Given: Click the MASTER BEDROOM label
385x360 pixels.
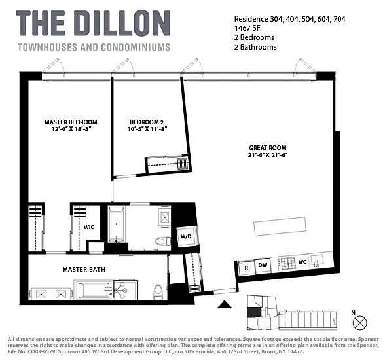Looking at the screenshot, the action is [71, 122].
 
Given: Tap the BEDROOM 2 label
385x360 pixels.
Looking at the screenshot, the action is [147, 122].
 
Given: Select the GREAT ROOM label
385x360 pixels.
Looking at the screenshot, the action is [268, 148].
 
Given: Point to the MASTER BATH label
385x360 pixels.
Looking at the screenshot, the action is [84, 270].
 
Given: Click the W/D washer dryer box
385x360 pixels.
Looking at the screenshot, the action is [187, 236].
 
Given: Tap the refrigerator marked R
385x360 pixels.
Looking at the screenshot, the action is [246, 268].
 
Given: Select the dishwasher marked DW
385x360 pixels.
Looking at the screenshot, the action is [263, 265].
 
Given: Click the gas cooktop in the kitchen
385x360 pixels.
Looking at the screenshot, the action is [286, 263].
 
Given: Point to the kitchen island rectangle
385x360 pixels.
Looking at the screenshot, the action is [280, 226].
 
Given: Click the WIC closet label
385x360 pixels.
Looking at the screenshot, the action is [89, 227].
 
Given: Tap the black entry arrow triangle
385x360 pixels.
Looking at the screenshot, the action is [225, 304].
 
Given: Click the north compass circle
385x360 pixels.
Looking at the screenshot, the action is [359, 323].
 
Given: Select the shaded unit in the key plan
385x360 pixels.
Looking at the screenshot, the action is [253, 312].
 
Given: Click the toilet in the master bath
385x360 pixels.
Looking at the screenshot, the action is [158, 292].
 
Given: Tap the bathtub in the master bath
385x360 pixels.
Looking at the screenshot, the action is [95, 289].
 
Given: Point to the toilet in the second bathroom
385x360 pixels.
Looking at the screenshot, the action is [162, 242].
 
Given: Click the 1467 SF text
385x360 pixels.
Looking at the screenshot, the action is [247, 28].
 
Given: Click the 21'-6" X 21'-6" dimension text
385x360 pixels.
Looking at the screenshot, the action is [268, 155].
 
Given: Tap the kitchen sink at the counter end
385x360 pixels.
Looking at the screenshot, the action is [318, 261].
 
